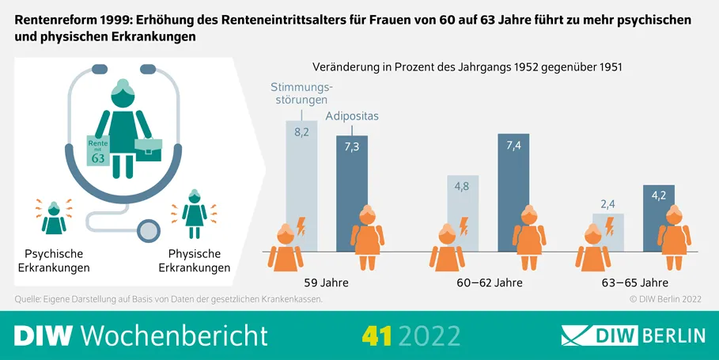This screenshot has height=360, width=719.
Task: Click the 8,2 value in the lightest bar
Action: pos(301,133)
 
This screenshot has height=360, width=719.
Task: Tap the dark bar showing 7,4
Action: pos(513,192)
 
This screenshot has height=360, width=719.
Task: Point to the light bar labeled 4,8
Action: pos(463,214)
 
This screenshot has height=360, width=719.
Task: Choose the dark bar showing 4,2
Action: pos(659,218)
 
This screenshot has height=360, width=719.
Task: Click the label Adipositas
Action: pos(352,116)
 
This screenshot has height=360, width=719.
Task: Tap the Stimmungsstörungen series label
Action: pos(301,93)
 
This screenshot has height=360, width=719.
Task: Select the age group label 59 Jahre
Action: pos(326,282)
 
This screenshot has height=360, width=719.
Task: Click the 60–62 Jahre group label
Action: pos(490,282)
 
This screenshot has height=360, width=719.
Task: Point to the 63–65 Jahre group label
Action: pos(634,282)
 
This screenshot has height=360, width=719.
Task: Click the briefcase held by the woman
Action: pos(148,149)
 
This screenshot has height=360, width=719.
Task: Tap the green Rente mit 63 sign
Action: pos(98,151)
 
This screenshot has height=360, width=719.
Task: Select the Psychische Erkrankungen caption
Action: pos(54,260)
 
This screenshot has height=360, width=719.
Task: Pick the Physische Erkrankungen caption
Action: pos(195,260)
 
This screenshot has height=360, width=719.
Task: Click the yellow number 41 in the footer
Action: pos(377,335)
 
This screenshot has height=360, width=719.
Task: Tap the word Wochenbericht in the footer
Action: pos(174,335)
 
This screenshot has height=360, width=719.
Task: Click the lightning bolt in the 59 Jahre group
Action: pos(301,226)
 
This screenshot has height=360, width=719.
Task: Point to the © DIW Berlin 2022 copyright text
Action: pos(665,299)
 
